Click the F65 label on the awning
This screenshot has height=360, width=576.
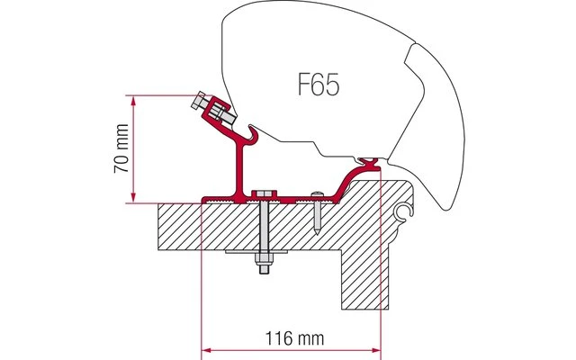click(320, 87)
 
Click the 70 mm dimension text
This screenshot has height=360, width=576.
click(123, 148)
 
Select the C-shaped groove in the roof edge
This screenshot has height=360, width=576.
click(401, 213)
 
